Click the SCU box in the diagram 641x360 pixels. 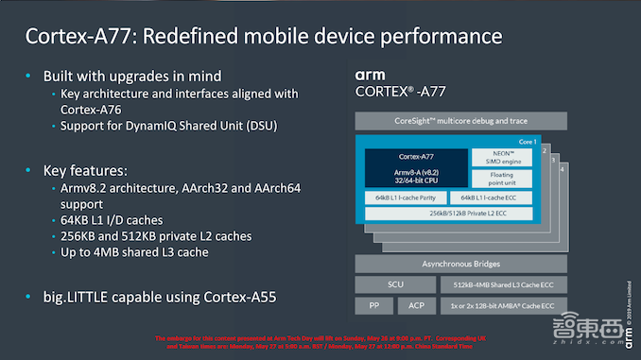click(395, 283)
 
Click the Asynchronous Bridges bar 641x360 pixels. click(460, 264)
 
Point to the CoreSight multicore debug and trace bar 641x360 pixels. click(460, 121)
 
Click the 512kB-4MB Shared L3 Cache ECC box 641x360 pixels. click(503, 283)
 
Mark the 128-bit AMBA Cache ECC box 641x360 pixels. click(503, 305)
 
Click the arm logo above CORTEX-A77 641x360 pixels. click(370, 74)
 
